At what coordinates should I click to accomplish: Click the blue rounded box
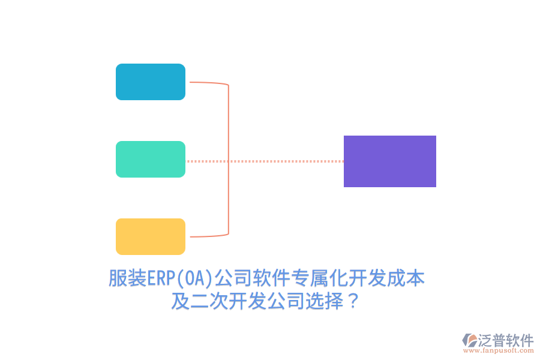tap(151, 82)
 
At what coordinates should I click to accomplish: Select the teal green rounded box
tap(151, 159)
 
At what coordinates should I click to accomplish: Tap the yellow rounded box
tap(151, 236)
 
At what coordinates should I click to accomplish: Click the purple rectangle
tap(390, 161)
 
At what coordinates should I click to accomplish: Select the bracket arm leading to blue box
tap(207, 83)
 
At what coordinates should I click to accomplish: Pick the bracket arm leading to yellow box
tap(207, 236)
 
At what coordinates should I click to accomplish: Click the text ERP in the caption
tap(160, 279)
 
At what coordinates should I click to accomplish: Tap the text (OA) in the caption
tap(196, 279)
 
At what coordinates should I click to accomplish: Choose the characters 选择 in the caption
tap(325, 301)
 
